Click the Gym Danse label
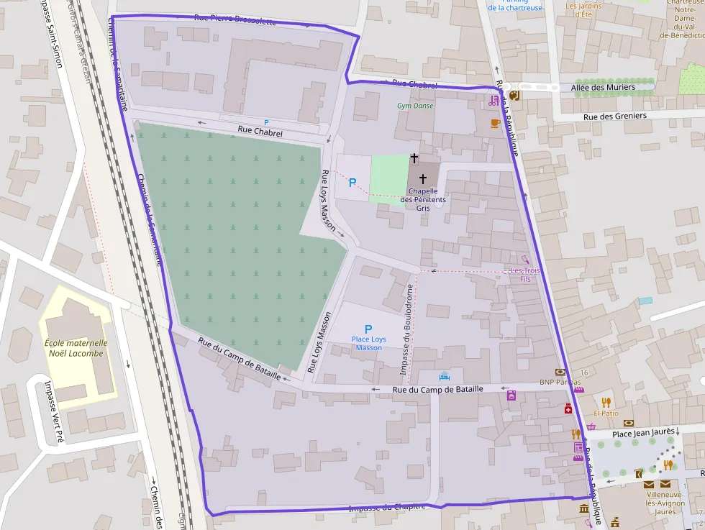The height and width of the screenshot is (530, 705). point(415,106)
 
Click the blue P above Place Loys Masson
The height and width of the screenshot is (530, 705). point(368,328)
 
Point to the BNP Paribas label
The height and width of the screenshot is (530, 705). point(560,382)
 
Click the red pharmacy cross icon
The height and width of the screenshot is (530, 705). point(568,409)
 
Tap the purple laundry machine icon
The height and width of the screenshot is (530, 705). point(511,395)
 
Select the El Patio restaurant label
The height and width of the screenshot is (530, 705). point(606,414)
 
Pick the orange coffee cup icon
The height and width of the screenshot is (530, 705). point(495,123)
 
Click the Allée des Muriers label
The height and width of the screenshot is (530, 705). point(603,87)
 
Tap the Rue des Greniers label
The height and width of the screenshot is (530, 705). point(614,116)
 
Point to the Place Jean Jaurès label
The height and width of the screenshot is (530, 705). point(643,433)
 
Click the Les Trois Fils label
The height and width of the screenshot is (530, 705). point(525,274)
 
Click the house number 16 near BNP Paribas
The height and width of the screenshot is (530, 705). point(584,373)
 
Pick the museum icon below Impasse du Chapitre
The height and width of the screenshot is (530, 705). point(583,509)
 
